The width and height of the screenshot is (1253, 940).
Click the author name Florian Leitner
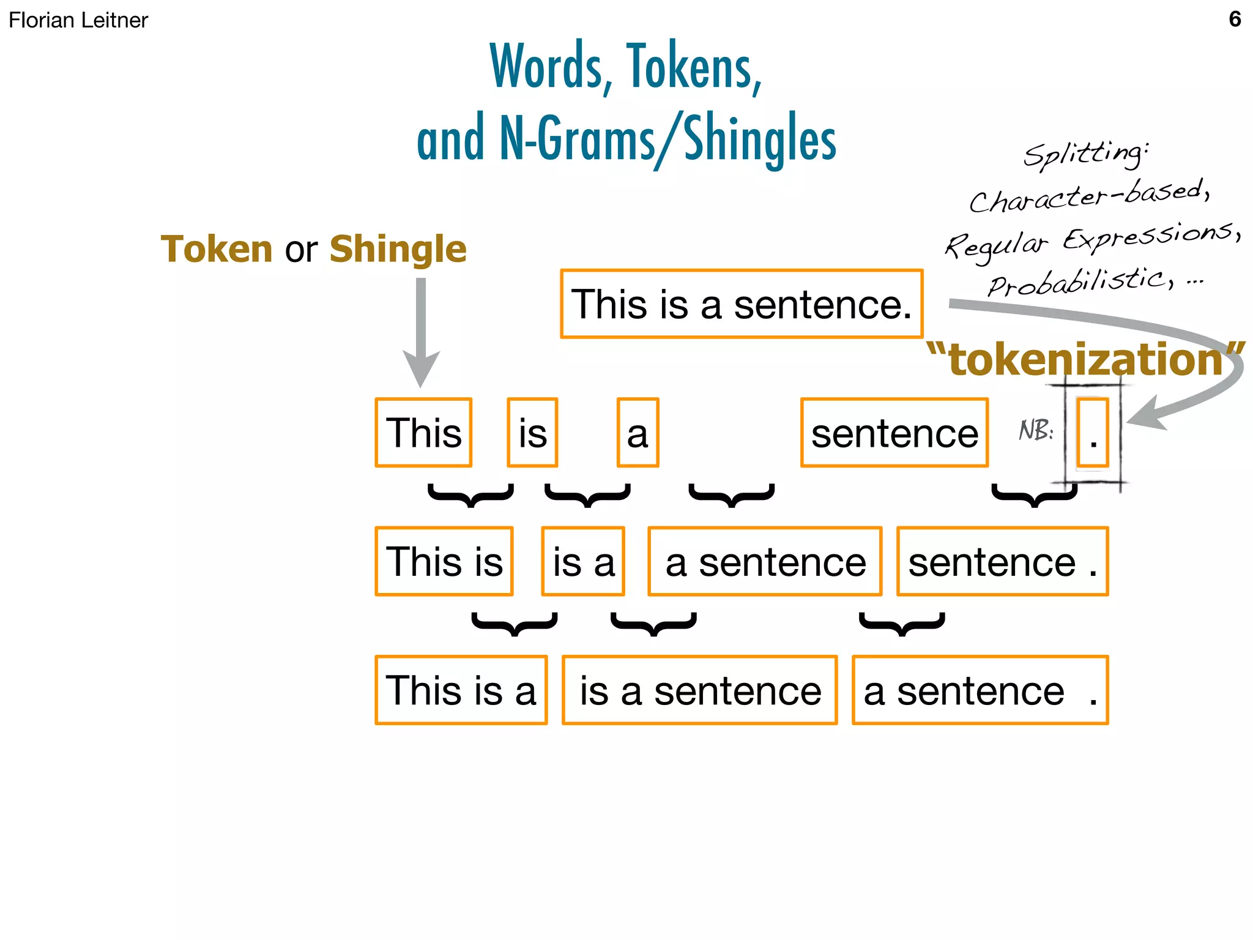click(78, 20)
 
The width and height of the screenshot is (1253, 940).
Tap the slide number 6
click(1235, 19)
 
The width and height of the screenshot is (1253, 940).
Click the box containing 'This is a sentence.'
click(742, 304)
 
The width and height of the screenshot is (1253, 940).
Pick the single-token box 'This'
click(423, 433)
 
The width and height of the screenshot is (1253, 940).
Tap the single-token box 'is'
click(532, 433)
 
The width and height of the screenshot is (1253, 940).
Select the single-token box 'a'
click(638, 433)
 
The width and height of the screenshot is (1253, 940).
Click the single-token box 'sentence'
click(894, 433)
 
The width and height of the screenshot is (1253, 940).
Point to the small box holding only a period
click(1093, 433)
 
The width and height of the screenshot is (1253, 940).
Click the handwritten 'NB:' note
click(1036, 430)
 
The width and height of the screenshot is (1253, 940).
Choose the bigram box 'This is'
click(444, 561)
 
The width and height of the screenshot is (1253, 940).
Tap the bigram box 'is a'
click(583, 561)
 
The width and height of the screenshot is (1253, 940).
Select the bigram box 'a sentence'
click(765, 561)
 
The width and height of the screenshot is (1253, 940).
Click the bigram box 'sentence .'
click(1002, 561)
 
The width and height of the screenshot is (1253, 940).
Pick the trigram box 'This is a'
click(461, 690)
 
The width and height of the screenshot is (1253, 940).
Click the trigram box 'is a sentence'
click(700, 690)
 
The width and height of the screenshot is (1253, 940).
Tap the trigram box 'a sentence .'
click(980, 690)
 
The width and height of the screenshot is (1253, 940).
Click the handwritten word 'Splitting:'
click(1086, 153)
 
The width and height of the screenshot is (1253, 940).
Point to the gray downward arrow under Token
click(421, 330)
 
